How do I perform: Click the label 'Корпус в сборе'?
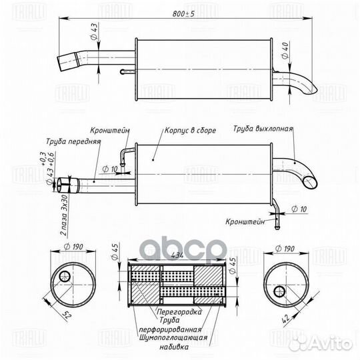pyautogui.click(x=190, y=131)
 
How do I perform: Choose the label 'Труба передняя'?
pyautogui.click(x=73, y=142)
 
